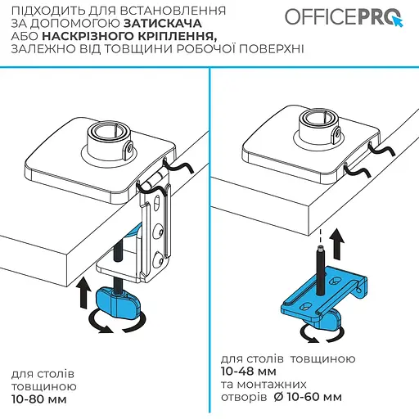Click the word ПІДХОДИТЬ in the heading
46,12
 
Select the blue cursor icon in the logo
394,20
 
